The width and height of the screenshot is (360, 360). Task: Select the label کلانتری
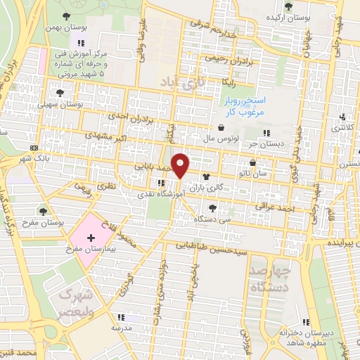coord(342,129)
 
